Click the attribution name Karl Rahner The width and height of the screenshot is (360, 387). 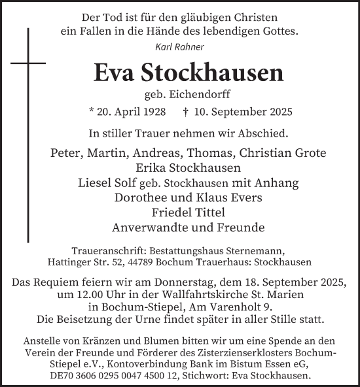(179, 47)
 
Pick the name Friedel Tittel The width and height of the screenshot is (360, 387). (180, 212)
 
